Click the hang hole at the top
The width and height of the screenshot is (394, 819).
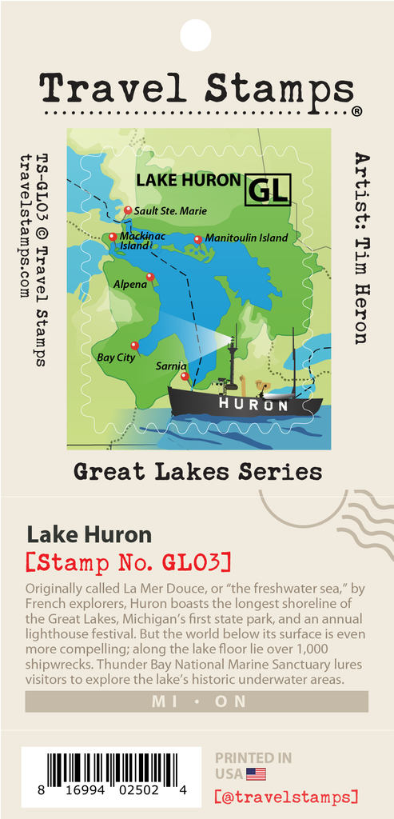[197, 34]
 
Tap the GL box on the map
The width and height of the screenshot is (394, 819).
[268, 189]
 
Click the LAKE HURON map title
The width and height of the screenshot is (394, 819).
[188, 180]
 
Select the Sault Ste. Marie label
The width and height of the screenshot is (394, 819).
[170, 211]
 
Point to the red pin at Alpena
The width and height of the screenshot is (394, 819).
[150, 278]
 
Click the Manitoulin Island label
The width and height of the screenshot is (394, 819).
[246, 238]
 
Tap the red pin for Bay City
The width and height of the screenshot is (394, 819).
[134, 346]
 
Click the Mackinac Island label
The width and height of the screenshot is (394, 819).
[134, 241]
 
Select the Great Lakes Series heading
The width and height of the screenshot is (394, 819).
[197, 472]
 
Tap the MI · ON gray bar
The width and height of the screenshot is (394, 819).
[197, 701]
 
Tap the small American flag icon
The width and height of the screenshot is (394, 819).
[256, 773]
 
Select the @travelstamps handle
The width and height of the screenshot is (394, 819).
[286, 797]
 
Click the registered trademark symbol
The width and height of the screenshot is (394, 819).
[356, 111]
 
